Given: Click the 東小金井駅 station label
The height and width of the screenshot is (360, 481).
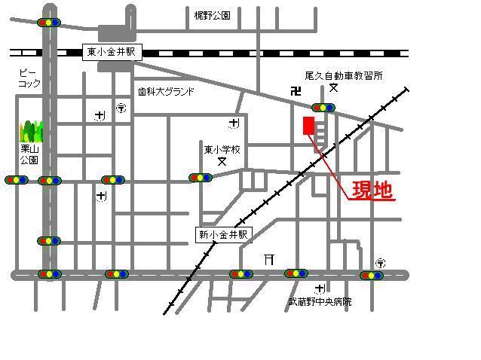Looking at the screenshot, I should tap(112, 52).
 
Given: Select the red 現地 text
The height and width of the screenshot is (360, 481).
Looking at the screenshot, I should tap(372, 191).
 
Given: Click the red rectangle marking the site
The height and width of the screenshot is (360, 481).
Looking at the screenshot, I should tap(308, 127).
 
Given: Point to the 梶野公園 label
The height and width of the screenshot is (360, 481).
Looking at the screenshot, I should tap(211, 15).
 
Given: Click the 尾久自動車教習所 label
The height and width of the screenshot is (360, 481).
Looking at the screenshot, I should tap(344, 76).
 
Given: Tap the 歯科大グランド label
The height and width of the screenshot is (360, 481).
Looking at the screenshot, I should tap(166, 91).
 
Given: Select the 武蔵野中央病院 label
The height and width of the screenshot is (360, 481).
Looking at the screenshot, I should tap(320, 302).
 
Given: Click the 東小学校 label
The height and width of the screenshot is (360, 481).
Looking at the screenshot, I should tap(222, 149).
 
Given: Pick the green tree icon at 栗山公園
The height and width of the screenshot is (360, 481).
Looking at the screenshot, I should tap(31, 131).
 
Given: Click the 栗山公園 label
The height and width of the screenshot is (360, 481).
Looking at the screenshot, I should tap(29, 154).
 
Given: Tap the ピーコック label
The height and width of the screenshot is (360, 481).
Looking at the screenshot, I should tap(29, 78).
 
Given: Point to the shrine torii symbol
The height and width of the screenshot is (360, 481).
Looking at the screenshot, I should tap(268, 259).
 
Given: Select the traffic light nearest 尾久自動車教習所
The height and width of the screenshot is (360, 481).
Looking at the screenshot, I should tap(323, 108).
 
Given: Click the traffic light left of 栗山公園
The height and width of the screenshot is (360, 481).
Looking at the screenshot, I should tap(16, 180).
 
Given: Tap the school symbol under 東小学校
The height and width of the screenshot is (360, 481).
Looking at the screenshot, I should tap(222, 161).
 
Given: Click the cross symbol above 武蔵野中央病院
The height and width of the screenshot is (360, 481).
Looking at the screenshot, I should tap(320, 288).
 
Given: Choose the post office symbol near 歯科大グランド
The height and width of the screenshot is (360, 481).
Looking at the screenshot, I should tap(121, 108).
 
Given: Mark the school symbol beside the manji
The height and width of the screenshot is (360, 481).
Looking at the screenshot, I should tap(333, 89).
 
